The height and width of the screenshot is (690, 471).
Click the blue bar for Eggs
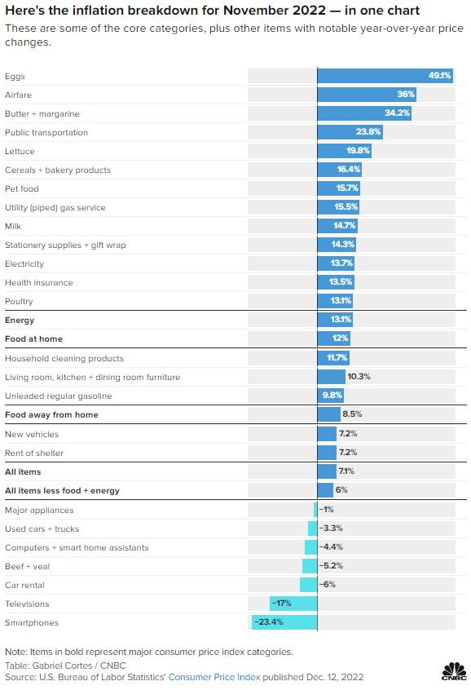tap(384, 76)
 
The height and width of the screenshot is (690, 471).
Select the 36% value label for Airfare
tap(406, 95)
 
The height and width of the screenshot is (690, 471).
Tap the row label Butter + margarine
tap(42, 113)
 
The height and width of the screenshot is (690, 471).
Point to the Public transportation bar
tap(350, 132)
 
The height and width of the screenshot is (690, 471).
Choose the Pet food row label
tap(22, 188)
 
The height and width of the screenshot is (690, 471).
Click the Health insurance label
tap(39, 282)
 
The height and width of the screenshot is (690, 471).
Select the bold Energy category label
tap(20, 321)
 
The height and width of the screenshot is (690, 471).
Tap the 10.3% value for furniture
tap(359, 377)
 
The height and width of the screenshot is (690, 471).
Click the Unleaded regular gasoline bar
tap(330, 396)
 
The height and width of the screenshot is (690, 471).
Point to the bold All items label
tap(23, 471)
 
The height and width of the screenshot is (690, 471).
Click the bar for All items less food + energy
tap(324, 490)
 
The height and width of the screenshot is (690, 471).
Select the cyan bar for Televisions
tap(293, 604)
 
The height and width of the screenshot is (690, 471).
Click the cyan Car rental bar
tap(308, 585)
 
